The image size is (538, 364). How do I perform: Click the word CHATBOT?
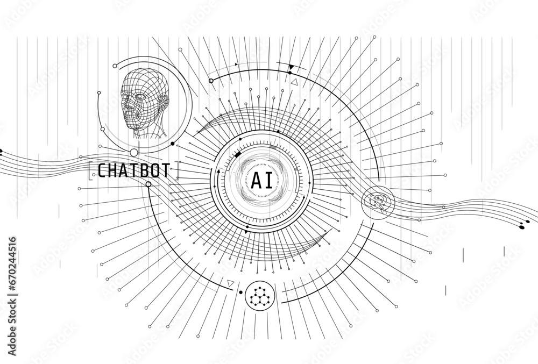134,170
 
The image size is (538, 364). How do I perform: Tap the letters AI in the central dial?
262,180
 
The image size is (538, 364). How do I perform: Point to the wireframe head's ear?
164,102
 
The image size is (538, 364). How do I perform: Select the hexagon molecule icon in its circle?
260,296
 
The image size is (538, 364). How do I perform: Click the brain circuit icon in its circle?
379,202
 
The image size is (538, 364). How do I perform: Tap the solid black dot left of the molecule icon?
240,292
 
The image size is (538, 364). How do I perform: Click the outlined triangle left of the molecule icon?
231,283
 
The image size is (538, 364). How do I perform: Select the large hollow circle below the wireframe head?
134,153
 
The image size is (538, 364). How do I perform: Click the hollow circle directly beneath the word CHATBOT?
148,184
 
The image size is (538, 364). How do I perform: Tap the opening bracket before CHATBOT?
90,170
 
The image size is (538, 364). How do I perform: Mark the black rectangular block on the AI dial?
237,155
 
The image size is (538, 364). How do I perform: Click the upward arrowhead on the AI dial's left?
218,170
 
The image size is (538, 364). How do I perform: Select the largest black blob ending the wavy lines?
522,227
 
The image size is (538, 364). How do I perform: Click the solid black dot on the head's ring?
173,144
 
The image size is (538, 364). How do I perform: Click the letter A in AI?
257,180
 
